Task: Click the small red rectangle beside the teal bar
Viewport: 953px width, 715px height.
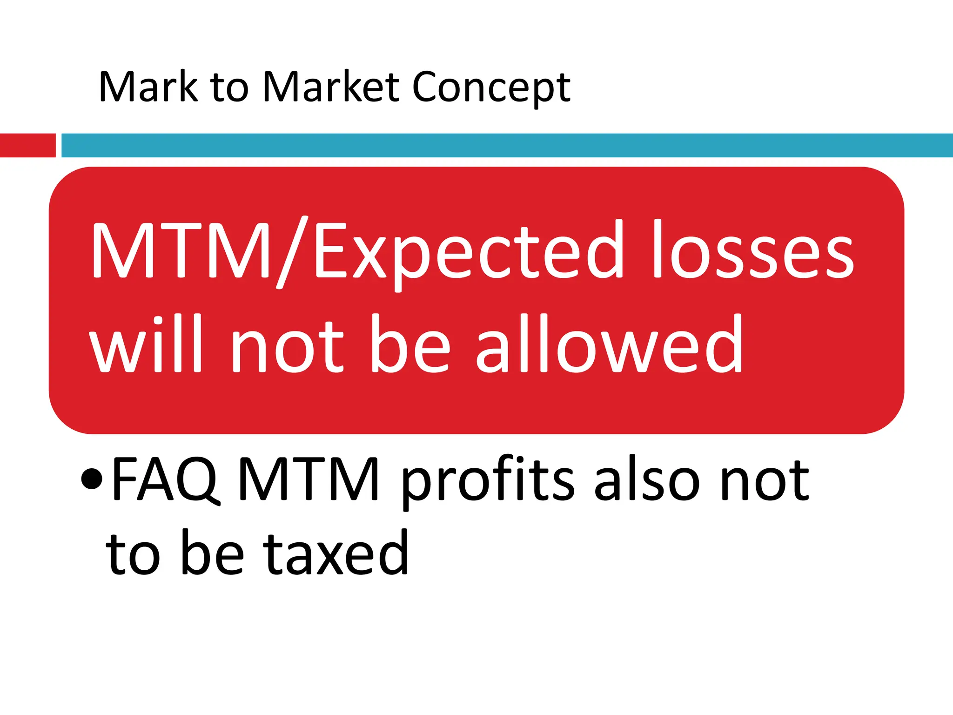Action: coord(28,145)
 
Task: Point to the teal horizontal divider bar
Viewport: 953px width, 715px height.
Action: coord(507,145)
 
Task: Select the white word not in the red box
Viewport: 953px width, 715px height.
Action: coord(287,347)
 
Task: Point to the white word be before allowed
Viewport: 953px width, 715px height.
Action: coord(410,344)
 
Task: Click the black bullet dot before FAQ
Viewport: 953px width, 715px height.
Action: coord(91,479)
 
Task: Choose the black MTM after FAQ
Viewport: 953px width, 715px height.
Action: coord(309,479)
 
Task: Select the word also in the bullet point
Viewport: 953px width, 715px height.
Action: coord(647,479)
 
